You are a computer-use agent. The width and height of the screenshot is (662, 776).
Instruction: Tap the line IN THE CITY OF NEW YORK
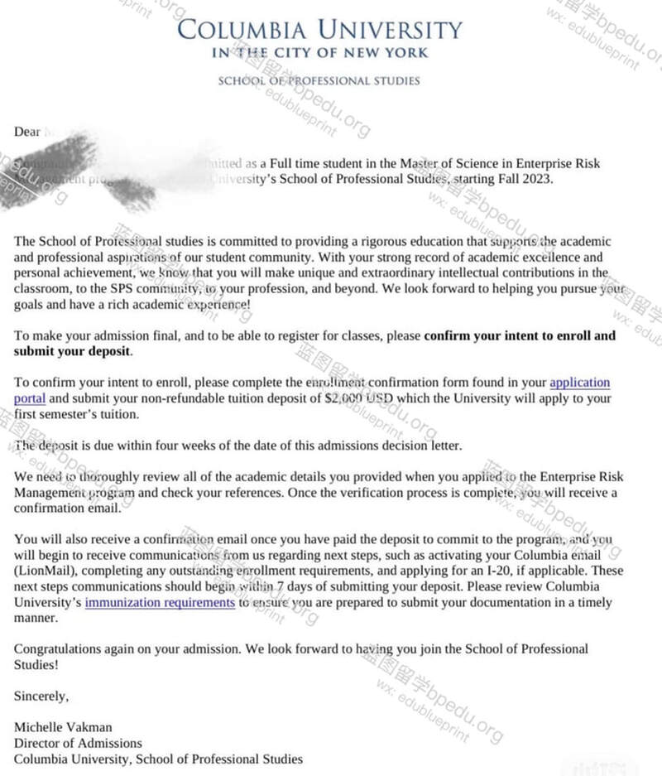click(320, 53)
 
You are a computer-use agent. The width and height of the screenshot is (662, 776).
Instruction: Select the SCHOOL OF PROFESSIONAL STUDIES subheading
click(319, 81)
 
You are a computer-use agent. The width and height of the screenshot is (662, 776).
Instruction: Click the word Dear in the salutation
click(26, 132)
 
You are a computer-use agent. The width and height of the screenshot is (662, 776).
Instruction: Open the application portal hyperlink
click(579, 383)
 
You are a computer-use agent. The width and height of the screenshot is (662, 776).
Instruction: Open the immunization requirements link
click(160, 602)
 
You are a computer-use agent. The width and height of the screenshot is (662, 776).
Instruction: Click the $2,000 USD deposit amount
click(352, 398)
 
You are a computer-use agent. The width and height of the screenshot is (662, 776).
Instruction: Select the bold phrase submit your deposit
click(72, 351)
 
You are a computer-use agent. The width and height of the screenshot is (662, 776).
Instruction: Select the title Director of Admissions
click(78, 743)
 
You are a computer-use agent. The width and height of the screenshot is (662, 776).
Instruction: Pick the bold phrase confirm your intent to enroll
click(520, 336)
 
